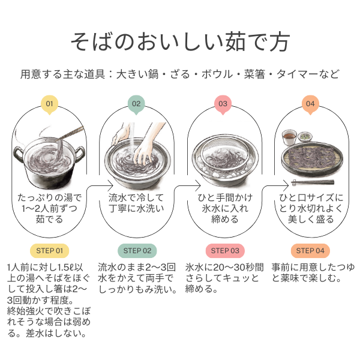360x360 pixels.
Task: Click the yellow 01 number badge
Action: pyautogui.click(x=49, y=104)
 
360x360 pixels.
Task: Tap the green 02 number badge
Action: pyautogui.click(x=136, y=104)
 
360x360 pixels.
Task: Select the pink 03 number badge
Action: pyautogui.click(x=223, y=104)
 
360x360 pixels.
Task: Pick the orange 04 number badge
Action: pyautogui.click(x=310, y=104)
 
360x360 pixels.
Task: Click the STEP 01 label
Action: pyautogui.click(x=50, y=251)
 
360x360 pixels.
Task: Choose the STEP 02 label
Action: pyautogui.click(x=137, y=251)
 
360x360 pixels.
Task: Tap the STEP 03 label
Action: pyautogui.click(x=225, y=251)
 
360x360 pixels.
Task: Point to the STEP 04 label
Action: pyautogui.click(x=310, y=251)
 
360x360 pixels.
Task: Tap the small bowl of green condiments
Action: pyautogui.click(x=305, y=137)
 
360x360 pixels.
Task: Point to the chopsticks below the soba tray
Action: pyautogui.click(x=313, y=182)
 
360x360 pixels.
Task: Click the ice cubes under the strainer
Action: pyautogui.click(x=224, y=173)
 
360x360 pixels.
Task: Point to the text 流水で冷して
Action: pyautogui.click(x=136, y=197)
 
